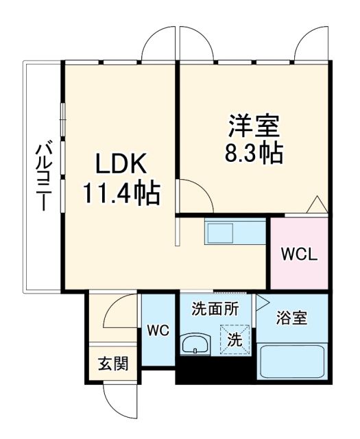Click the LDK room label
(121, 165)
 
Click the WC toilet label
(158, 331)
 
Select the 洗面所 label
(215, 309)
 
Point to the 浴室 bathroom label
(291, 318)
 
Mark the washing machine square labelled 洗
(234, 338)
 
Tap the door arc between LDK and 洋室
(196, 195)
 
